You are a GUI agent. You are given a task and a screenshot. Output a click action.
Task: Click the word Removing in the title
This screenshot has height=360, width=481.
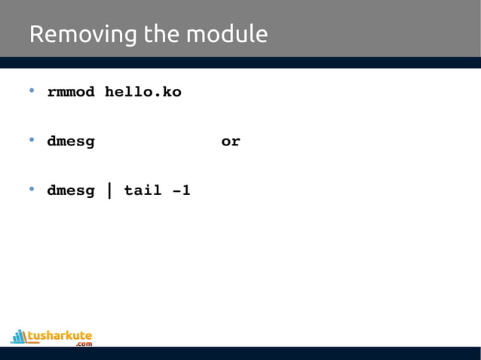pos(75,35)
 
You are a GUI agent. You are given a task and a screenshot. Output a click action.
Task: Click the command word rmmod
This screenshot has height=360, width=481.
pos(71,93)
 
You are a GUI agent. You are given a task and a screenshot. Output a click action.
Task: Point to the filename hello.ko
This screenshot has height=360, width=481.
pos(143,93)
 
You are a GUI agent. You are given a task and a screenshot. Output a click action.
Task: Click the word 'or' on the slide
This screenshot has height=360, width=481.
pos(231,142)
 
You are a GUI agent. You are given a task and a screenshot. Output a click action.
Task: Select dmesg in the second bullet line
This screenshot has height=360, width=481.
pos(71,142)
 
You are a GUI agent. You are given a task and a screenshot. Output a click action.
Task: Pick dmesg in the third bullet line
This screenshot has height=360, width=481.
pos(71,191)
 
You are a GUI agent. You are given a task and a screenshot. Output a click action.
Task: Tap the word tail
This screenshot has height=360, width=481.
pos(143,191)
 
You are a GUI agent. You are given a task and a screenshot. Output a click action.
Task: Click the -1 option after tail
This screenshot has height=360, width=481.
pos(181,191)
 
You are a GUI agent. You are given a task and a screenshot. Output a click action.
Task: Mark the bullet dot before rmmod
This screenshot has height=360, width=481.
pos(32,92)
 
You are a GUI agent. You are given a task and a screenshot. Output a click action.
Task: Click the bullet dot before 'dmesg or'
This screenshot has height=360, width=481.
pos(32,141)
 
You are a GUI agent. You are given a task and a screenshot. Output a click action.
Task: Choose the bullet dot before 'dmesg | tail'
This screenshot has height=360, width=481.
pos(32,190)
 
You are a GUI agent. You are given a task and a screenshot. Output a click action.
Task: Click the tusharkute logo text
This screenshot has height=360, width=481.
pos(60,334)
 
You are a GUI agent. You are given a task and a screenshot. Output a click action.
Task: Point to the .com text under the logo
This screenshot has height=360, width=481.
pos(84,344)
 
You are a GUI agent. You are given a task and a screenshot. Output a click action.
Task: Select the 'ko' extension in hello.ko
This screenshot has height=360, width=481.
pos(172,93)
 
